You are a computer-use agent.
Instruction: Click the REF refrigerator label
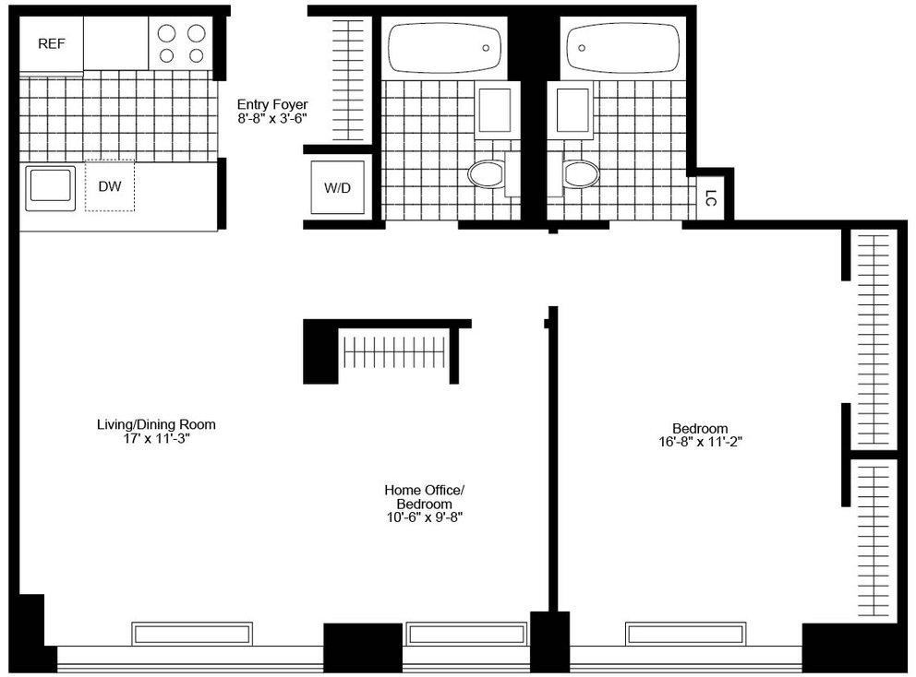coord(52,43)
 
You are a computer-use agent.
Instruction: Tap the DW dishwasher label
coord(110,186)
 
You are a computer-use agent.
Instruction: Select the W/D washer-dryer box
coord(338,187)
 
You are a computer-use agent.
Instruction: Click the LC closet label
coord(710,198)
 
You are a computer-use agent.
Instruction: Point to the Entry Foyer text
coord(272,104)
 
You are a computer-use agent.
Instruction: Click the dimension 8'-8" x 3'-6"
coord(272,118)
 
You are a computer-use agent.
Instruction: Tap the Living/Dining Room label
coord(157,424)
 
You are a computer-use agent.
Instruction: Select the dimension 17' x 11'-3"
coord(157,438)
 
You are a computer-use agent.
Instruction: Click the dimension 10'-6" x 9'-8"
coord(425,517)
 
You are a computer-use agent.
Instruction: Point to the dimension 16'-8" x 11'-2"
coord(701,442)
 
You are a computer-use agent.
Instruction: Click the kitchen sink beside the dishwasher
coord(50,188)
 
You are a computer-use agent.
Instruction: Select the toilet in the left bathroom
coord(486,174)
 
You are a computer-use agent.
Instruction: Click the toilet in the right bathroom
coord(582,174)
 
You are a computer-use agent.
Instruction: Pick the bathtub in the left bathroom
coord(445,48)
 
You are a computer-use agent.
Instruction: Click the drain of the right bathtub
coord(582,49)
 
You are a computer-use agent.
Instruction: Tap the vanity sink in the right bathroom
coord(572,111)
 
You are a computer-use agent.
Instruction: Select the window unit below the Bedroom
coord(686,634)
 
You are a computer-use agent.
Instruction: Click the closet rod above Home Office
coord(395,352)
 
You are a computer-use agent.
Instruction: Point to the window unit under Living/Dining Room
coord(192,634)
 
